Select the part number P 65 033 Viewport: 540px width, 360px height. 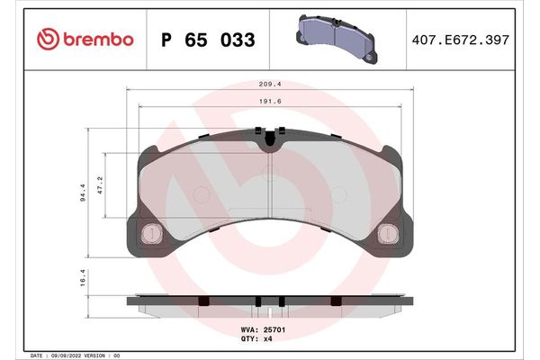pyautogui.click(x=206, y=40)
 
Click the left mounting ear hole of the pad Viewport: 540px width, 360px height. pyautogui.click(x=153, y=233)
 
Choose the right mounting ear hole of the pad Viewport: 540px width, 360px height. pyautogui.click(x=389, y=233)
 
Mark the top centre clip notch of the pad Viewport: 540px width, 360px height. pyautogui.click(x=271, y=138)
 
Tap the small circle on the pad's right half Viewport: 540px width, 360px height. pyautogui.click(x=339, y=195)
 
